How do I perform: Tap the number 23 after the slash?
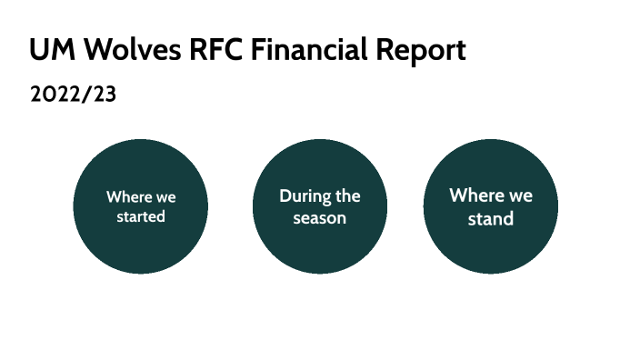105,95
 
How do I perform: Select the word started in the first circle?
141,217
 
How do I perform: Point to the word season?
319,218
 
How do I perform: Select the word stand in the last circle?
491,219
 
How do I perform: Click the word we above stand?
520,197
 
